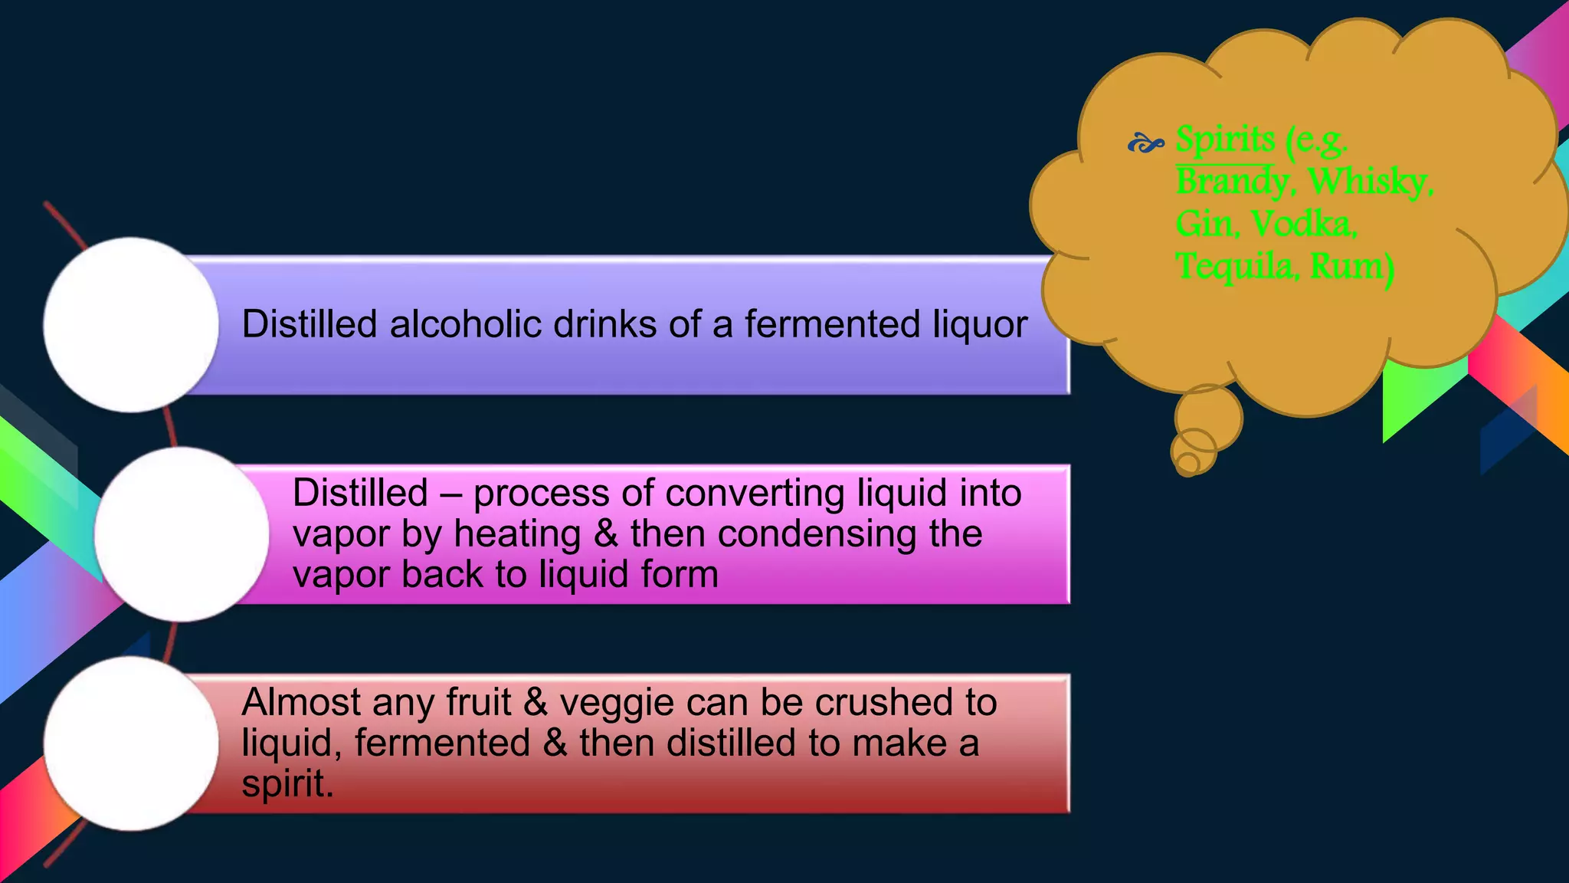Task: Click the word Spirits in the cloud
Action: pyautogui.click(x=1225, y=140)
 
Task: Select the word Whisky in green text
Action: pyautogui.click(x=1370, y=182)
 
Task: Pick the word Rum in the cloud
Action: pyautogui.click(x=1351, y=266)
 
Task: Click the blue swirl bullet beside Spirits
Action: pyautogui.click(x=1145, y=143)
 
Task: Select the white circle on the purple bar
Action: pyautogui.click(x=131, y=325)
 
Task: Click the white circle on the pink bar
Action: pyautogui.click(x=182, y=534)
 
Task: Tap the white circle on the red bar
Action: pyautogui.click(x=131, y=743)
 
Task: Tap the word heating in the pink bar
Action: pyautogui.click(x=517, y=534)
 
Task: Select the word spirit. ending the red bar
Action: pyautogui.click(x=287, y=784)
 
